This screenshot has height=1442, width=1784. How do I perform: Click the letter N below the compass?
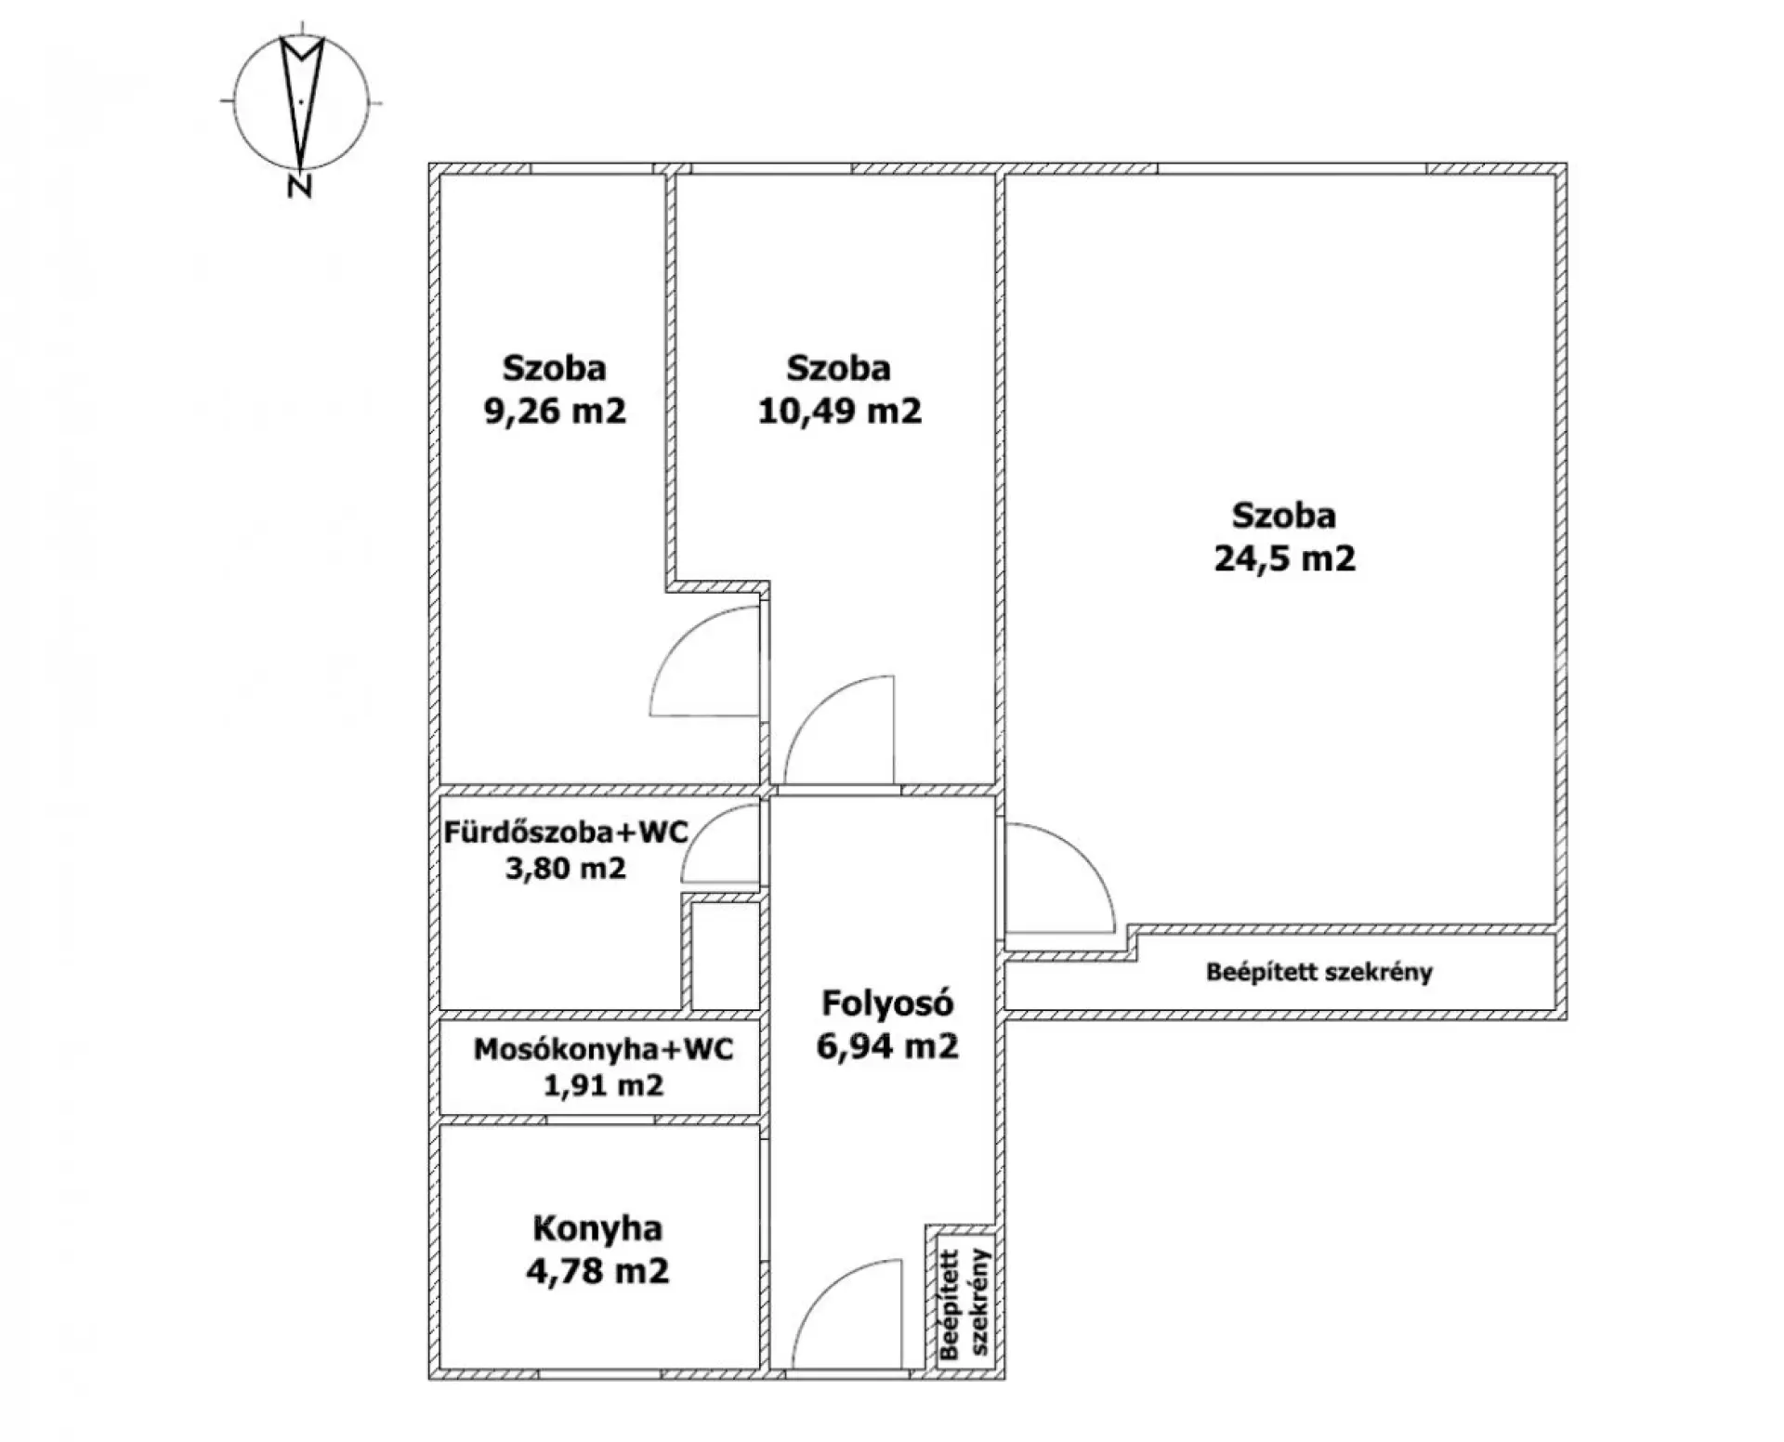click(298, 186)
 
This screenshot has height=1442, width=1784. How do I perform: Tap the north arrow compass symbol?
click(302, 100)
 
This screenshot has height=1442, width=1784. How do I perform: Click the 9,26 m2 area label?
click(555, 410)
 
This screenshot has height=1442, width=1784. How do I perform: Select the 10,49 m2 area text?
click(839, 410)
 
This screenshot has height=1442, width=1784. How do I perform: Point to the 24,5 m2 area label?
click(1284, 557)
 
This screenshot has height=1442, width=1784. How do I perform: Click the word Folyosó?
click(887, 1003)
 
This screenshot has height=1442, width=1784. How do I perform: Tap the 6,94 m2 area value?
click(887, 1046)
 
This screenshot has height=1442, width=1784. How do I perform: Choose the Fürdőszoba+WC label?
click(566, 832)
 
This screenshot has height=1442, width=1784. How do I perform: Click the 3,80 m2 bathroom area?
click(565, 869)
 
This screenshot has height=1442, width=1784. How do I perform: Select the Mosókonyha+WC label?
click(603, 1049)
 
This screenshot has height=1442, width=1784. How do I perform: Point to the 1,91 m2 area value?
click(603, 1084)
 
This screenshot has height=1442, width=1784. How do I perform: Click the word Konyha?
click(597, 1228)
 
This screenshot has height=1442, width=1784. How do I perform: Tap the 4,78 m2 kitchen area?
click(597, 1270)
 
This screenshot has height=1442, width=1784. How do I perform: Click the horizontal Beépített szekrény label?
click(1319, 972)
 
